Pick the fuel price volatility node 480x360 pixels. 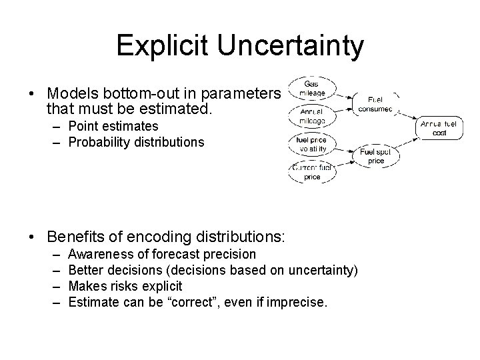tap(311, 145)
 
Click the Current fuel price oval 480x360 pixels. tap(311, 173)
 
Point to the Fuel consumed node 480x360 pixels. tap(378, 104)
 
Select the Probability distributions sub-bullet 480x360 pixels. tap(137, 142)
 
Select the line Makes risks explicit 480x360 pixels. tap(125, 286)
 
